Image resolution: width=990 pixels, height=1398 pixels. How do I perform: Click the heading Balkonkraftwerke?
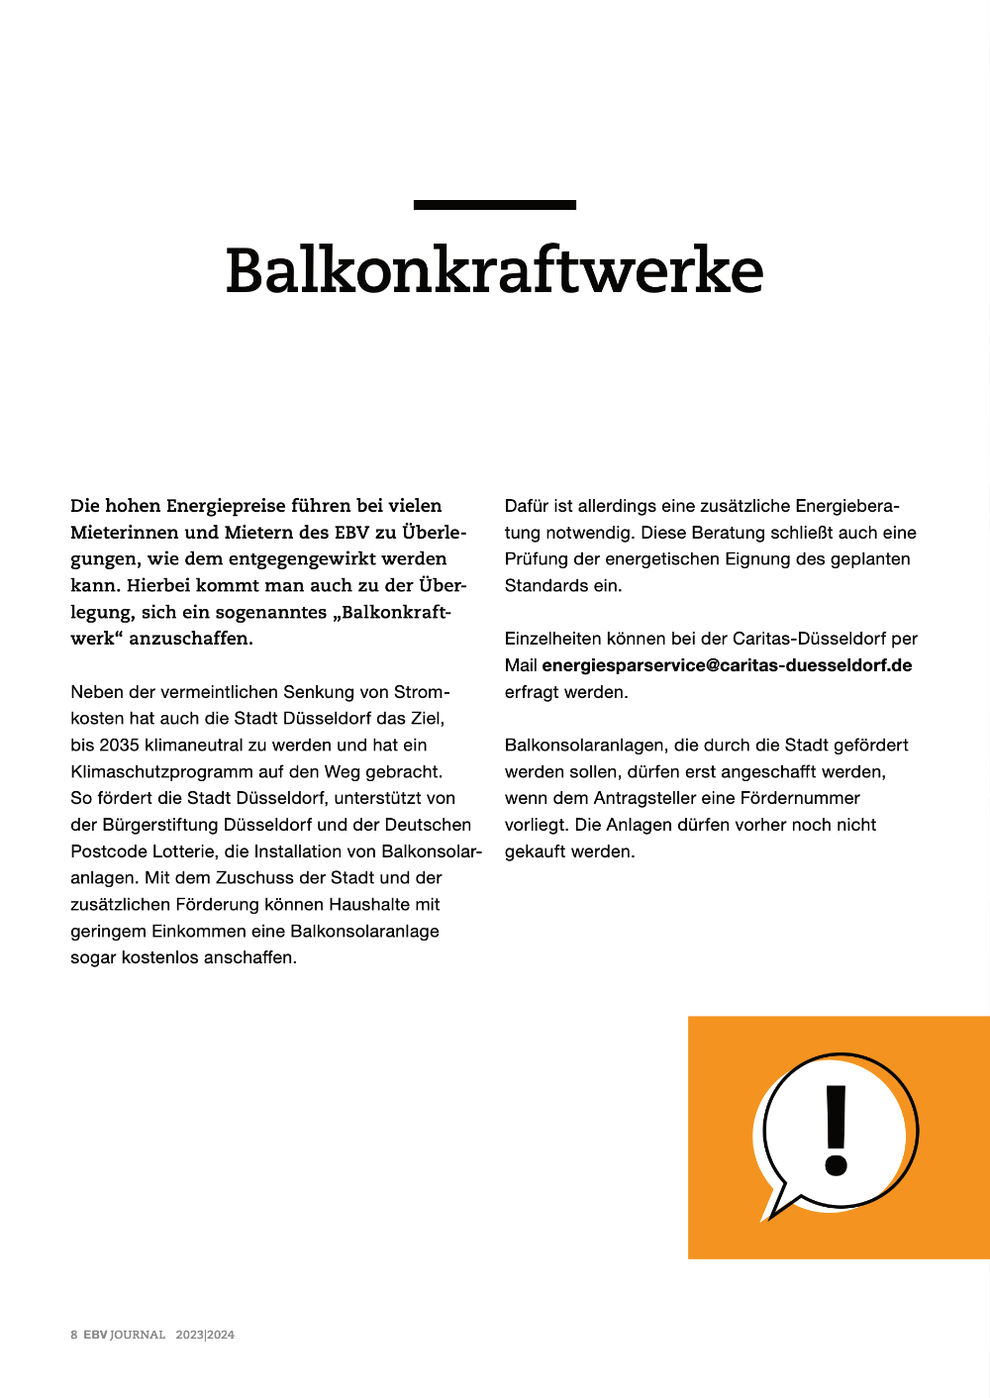[x=494, y=270]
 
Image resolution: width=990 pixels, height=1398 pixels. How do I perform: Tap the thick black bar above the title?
[x=494, y=205]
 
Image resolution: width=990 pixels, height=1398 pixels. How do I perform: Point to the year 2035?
[x=119, y=745]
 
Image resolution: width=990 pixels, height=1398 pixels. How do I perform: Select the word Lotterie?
[x=184, y=851]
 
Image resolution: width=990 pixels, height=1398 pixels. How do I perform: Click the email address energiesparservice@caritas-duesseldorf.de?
[x=727, y=665]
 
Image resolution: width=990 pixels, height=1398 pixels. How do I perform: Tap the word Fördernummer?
[x=800, y=798]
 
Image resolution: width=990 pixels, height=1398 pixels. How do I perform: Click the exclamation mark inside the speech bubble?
[x=837, y=1131]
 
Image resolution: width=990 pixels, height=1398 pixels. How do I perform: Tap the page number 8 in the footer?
[x=74, y=1335]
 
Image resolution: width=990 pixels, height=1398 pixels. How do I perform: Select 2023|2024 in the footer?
[x=205, y=1335]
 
